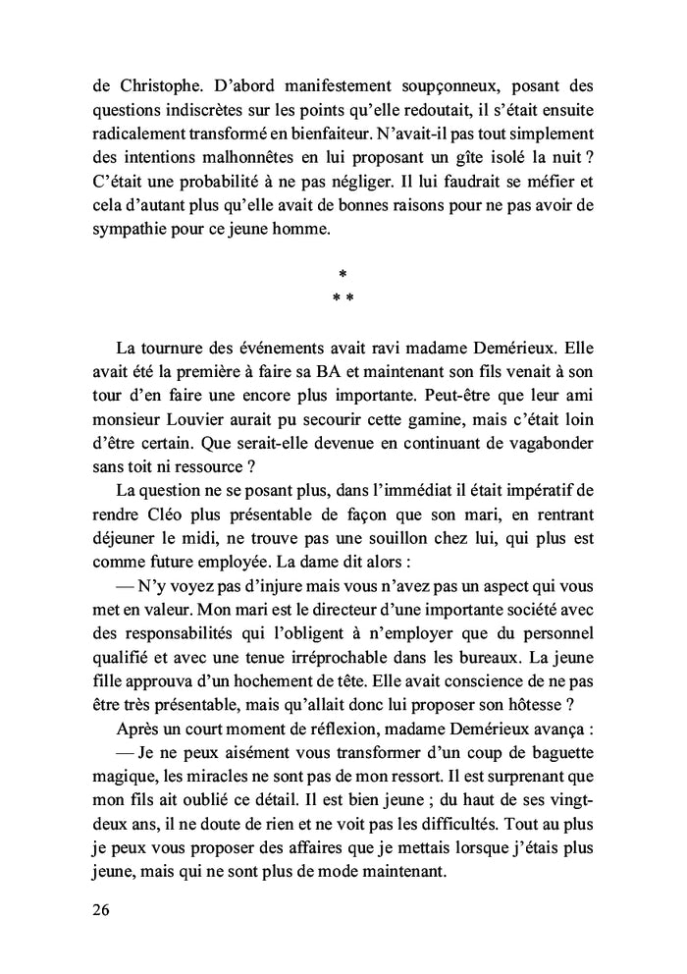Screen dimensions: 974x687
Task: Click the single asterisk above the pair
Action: click(x=343, y=274)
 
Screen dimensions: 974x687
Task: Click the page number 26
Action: click(x=101, y=909)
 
